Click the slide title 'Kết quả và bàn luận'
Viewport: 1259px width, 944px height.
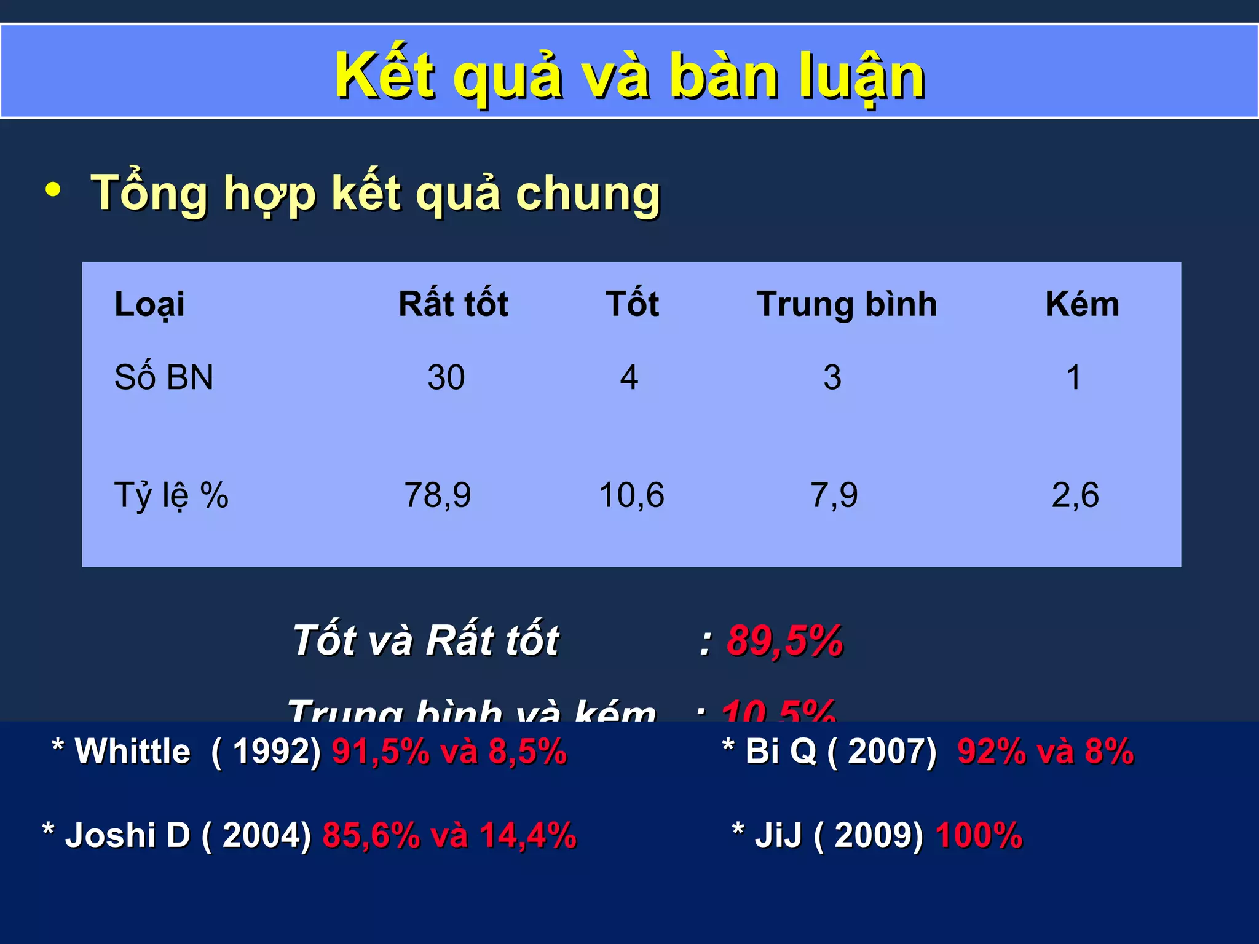(x=629, y=76)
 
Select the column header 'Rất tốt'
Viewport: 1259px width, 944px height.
(x=453, y=304)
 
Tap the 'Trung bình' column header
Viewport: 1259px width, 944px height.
(x=847, y=304)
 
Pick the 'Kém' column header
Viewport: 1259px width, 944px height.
(x=1082, y=304)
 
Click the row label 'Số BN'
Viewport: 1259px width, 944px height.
(x=164, y=377)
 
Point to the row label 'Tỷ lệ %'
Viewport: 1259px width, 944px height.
(x=171, y=495)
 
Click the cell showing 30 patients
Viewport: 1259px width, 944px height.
(x=446, y=377)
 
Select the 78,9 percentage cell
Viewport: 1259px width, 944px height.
(x=437, y=495)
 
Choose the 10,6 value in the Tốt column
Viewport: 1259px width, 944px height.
(x=631, y=495)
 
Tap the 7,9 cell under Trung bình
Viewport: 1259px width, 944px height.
(x=834, y=495)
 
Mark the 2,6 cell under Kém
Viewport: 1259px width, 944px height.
(x=1075, y=495)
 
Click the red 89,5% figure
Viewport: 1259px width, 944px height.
(x=784, y=640)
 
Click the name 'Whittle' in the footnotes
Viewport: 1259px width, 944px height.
(x=133, y=751)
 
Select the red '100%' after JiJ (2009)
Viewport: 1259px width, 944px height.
(x=979, y=836)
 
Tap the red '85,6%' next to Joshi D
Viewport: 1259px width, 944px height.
(x=371, y=836)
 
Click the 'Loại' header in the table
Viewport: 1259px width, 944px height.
(x=149, y=304)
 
